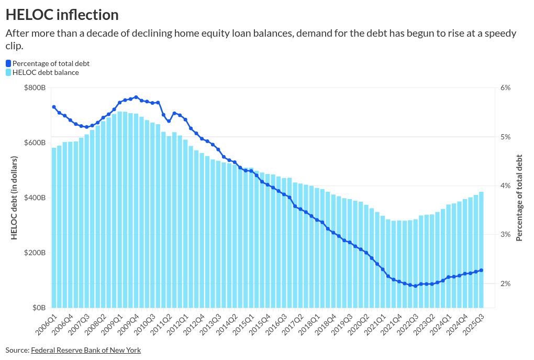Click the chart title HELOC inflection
(x=62, y=14)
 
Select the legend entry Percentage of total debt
(x=51, y=63)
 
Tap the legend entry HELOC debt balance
(x=46, y=72)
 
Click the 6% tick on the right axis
(x=505, y=88)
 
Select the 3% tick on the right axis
(x=505, y=234)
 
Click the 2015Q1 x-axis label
(x=244, y=324)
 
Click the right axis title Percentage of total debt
(x=519, y=198)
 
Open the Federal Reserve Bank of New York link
(x=86, y=350)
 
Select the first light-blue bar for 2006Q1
(x=54, y=227)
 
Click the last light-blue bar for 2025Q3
(x=481, y=249)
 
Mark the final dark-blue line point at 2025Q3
(x=481, y=270)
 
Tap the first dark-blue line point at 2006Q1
(x=54, y=107)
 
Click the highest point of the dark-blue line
(x=136, y=97)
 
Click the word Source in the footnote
(x=17, y=350)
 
